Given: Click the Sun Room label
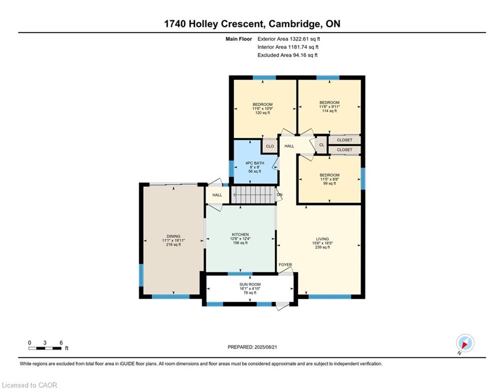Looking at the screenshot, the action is click(250, 285).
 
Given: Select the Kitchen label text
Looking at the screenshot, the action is click(241, 235).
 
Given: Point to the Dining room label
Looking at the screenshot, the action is click(174, 237).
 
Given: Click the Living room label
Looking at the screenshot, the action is click(322, 239).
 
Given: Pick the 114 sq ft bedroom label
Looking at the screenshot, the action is click(329, 107).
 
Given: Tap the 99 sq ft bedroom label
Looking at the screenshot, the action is click(329, 179).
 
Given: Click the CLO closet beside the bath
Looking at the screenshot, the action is click(269, 146).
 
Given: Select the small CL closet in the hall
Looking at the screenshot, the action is click(322, 145).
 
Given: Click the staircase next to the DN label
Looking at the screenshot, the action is click(254, 195).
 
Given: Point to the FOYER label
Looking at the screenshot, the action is click(285, 264).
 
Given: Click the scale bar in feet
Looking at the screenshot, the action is click(46, 348).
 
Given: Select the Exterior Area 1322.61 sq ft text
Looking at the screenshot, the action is click(289, 39).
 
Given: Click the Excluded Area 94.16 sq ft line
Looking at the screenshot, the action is click(287, 55).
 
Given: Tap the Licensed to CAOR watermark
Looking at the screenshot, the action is click(29, 385).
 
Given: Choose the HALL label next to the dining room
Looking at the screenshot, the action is click(217, 195).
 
